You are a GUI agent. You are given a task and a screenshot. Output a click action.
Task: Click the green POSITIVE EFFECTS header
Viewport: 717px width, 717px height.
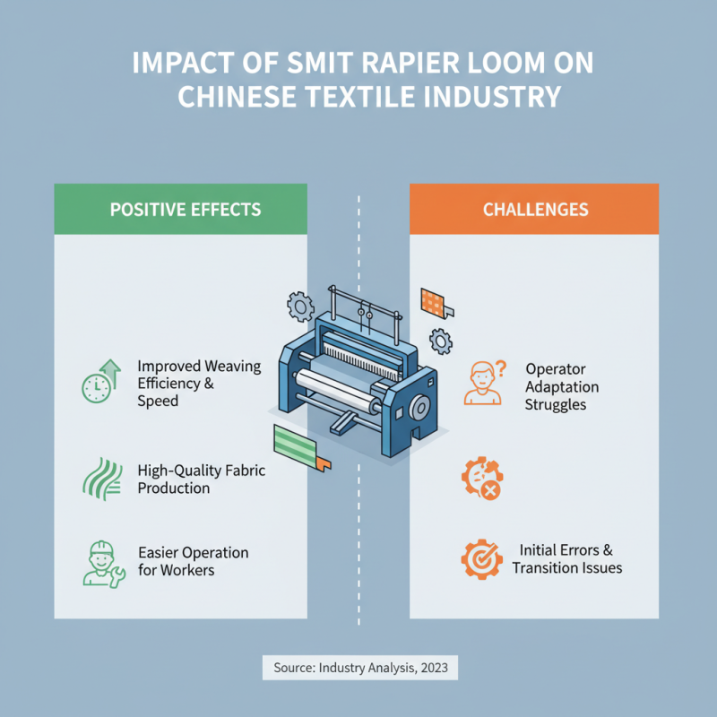[x=185, y=210]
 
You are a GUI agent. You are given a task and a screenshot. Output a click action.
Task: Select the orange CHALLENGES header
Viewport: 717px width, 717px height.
[x=535, y=210]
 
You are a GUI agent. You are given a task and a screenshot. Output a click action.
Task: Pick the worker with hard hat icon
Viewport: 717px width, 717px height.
[x=101, y=563]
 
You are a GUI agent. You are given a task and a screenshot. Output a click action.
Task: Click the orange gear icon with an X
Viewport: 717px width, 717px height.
[x=481, y=478]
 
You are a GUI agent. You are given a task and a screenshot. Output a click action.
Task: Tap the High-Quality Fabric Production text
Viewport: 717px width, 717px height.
[x=201, y=479]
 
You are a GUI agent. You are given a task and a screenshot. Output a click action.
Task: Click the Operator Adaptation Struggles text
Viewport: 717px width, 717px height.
[x=562, y=386]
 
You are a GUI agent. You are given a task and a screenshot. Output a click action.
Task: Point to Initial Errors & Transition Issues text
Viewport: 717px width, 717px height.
[x=566, y=558]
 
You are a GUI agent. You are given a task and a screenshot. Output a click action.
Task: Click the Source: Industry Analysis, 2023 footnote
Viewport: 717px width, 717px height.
[x=359, y=667]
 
